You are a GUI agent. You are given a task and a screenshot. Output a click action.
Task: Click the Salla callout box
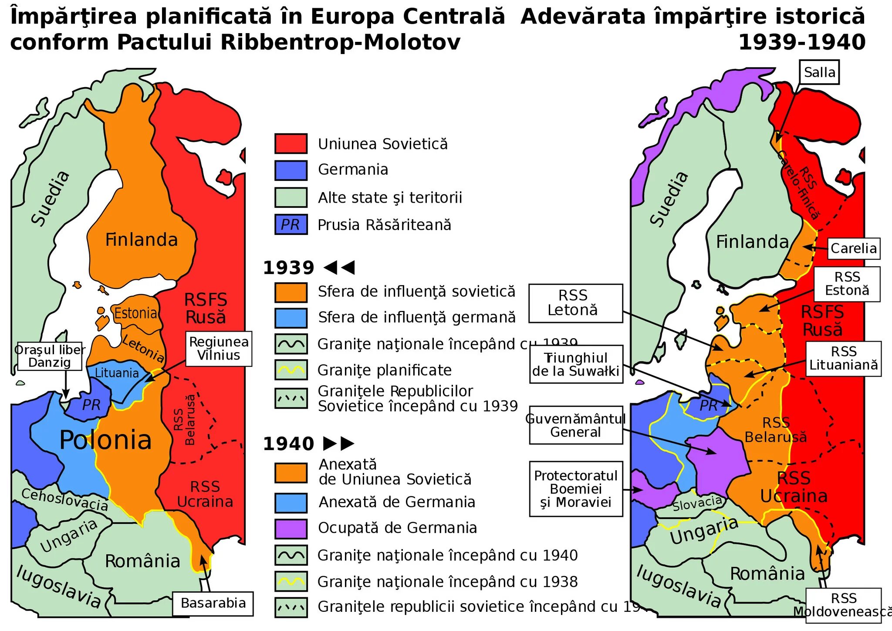(819, 72)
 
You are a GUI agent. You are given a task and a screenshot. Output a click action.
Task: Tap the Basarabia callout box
(213, 603)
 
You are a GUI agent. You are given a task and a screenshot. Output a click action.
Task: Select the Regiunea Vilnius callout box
(219, 349)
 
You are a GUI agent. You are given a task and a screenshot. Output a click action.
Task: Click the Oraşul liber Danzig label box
(50, 356)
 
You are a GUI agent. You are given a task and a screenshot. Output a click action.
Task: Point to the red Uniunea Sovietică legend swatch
(291, 144)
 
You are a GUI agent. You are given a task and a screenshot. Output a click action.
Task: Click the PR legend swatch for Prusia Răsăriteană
(291, 225)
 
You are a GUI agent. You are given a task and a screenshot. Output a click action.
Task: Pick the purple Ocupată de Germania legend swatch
(291, 529)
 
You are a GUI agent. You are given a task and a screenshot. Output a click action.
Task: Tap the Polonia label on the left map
(105, 440)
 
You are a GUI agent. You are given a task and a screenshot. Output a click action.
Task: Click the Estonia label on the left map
(135, 313)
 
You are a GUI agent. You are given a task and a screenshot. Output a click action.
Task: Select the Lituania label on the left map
(117, 373)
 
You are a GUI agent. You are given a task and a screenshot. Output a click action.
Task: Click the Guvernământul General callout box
(575, 425)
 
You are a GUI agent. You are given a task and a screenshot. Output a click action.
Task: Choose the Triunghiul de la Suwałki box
(576, 364)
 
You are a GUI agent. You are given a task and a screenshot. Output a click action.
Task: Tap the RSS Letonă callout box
(575, 303)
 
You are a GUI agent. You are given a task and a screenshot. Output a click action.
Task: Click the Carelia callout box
(853, 248)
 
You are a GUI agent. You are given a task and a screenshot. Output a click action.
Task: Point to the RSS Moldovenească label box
(843, 605)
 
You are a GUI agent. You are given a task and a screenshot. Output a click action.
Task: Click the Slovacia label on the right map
(697, 503)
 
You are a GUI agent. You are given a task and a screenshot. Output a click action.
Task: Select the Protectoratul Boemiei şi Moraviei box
(576, 489)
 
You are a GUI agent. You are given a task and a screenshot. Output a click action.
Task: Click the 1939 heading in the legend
(288, 268)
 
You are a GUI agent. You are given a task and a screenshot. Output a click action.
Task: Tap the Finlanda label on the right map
(752, 242)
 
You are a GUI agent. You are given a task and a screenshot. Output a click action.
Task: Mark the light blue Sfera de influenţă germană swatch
(291, 318)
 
